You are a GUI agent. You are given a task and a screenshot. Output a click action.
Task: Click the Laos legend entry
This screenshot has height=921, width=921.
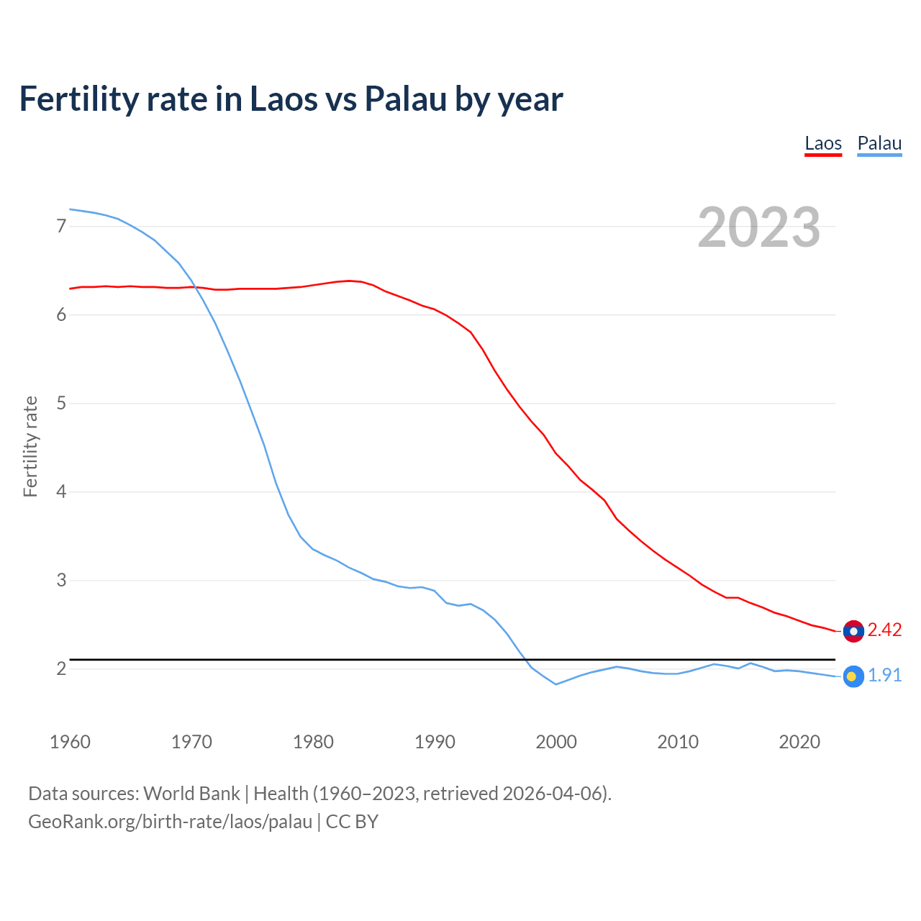(823, 143)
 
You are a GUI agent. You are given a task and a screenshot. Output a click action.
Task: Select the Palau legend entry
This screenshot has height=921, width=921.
(879, 143)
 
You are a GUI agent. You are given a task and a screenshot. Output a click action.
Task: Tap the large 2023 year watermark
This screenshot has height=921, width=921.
(759, 227)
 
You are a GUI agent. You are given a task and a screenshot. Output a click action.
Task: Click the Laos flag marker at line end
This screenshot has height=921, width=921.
(853, 631)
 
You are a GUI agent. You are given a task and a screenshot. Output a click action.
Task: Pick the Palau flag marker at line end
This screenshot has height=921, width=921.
(853, 676)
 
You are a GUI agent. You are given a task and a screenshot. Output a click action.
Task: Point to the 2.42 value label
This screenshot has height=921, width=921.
(884, 630)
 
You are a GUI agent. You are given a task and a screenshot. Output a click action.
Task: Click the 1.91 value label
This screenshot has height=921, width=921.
(884, 676)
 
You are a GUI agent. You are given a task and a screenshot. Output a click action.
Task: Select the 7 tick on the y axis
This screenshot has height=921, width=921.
(61, 227)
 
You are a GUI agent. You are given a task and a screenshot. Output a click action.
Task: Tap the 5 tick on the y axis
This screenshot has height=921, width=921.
(61, 404)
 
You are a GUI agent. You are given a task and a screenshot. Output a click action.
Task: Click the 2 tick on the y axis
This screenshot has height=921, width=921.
(61, 669)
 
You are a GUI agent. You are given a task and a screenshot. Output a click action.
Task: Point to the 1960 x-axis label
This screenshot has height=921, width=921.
(70, 742)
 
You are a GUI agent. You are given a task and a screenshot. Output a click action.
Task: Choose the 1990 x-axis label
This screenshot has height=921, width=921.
(435, 742)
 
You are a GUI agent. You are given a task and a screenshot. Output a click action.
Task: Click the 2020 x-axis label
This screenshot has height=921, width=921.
(799, 742)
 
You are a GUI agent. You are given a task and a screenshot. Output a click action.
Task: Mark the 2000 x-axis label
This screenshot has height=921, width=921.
(556, 742)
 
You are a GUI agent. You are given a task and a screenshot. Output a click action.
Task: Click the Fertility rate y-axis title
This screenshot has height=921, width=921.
(30, 447)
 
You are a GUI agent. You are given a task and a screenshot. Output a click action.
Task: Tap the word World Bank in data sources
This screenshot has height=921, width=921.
(191, 794)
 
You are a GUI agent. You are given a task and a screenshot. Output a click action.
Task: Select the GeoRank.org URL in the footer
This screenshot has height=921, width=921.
(170, 822)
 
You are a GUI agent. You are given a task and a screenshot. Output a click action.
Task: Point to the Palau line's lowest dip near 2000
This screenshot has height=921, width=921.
(555, 684)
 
